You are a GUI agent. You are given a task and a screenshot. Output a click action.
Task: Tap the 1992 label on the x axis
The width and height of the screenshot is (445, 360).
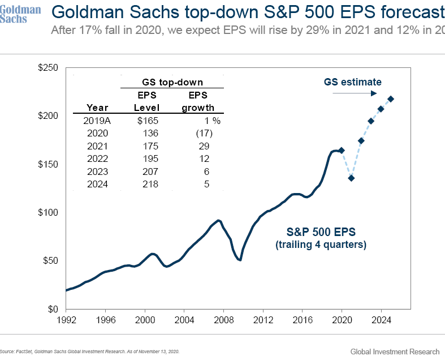coord(66,320)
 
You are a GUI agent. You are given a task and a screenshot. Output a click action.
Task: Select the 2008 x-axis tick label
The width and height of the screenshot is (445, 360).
coord(223,320)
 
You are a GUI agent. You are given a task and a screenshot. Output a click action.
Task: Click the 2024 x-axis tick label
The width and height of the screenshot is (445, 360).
coord(381,320)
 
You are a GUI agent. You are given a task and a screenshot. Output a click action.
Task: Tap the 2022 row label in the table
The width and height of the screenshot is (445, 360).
coord(97,158)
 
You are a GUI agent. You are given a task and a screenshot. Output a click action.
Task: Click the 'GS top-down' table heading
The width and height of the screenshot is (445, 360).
coord(172,83)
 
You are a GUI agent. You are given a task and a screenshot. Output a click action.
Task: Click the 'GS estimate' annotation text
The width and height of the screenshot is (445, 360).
coord(352,82)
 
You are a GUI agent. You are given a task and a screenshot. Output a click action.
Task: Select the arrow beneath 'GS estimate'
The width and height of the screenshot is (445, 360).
coord(354,93)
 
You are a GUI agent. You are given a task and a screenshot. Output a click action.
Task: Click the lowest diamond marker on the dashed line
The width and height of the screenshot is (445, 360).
coord(351,178)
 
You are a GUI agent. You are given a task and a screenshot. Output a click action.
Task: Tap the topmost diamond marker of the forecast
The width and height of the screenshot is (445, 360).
coord(391,99)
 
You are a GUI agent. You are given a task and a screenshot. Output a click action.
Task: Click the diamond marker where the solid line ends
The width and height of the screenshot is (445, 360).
coord(341,151)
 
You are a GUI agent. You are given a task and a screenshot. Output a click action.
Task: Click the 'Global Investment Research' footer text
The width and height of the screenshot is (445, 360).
coord(394,352)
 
